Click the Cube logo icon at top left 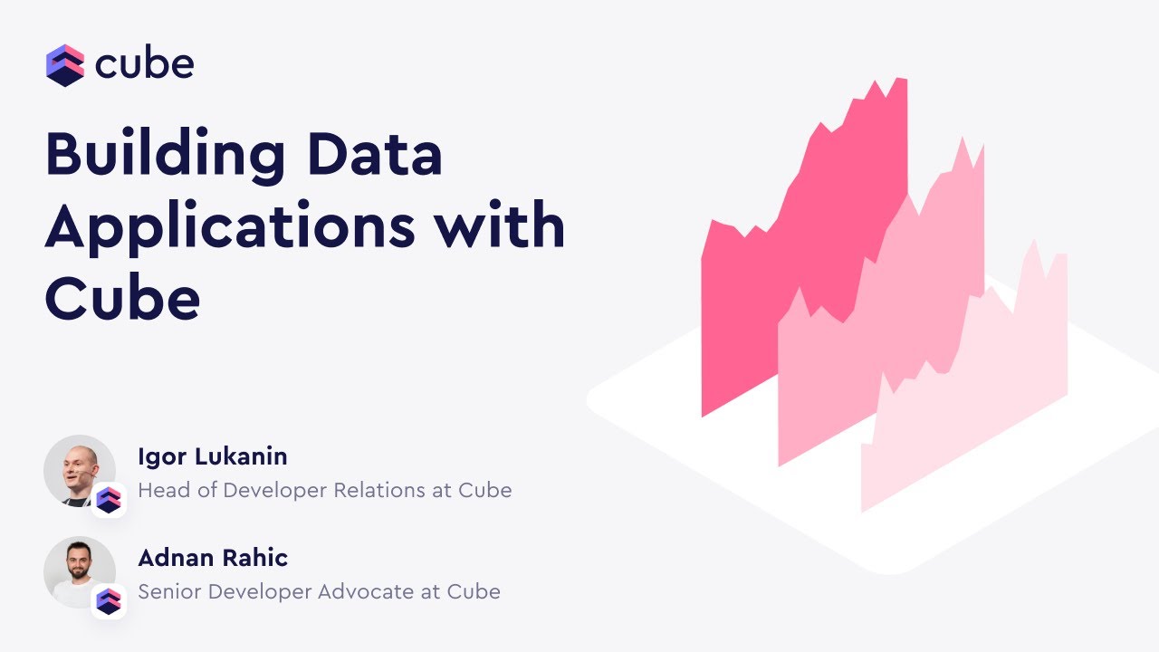65,65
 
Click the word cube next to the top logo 144,64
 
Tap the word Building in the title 165,156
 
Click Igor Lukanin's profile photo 78,469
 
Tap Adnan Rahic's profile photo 78,570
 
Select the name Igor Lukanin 212,456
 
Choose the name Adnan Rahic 213,558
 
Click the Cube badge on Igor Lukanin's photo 109,500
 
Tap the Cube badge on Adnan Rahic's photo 109,601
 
